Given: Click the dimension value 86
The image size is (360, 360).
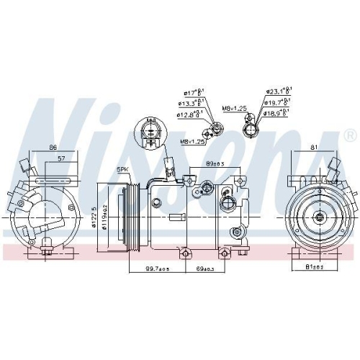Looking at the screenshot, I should [53, 148].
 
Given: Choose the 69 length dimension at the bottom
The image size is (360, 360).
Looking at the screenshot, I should [204, 269].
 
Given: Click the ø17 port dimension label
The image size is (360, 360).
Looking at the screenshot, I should [193, 92].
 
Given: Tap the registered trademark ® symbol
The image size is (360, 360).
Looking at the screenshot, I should [350, 135].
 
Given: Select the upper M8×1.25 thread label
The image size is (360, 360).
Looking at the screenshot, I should [234, 108].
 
